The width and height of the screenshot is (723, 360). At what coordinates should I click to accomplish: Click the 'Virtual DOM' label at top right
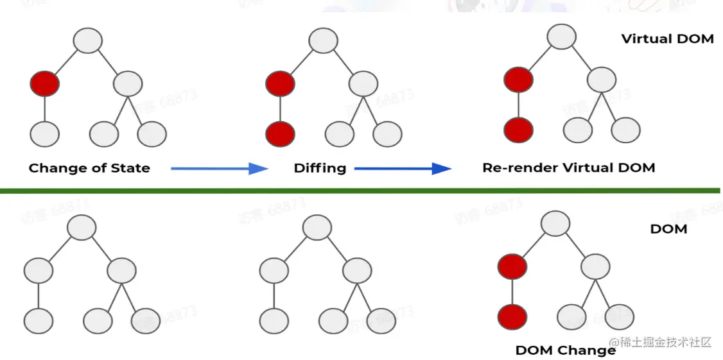667,39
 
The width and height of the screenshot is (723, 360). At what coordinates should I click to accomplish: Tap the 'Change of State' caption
89,169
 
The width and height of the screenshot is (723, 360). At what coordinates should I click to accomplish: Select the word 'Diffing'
320,169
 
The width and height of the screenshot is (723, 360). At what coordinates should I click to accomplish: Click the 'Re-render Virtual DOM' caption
568,168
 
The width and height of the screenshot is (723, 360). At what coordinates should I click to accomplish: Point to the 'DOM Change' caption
565,350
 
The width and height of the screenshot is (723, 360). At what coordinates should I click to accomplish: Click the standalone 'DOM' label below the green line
668,228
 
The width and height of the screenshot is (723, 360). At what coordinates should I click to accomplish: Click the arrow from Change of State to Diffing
219,168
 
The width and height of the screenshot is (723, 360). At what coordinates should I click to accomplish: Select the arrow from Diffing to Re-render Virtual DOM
403,169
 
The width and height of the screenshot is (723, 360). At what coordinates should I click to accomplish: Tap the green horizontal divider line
361,191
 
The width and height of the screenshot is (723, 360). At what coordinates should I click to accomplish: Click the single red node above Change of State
44,84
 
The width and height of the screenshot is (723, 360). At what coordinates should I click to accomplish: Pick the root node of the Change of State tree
88,40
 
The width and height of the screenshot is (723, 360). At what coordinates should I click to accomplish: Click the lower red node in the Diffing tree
280,134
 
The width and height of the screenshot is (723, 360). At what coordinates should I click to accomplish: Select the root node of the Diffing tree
323,40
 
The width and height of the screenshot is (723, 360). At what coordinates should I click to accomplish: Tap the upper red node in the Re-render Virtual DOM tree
518,80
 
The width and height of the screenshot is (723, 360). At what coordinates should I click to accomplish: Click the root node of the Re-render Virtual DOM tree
561,37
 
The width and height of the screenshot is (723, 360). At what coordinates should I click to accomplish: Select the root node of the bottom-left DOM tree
81,228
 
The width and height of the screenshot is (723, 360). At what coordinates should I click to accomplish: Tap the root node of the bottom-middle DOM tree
317,228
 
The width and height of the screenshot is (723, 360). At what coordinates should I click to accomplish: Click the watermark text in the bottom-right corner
661,342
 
